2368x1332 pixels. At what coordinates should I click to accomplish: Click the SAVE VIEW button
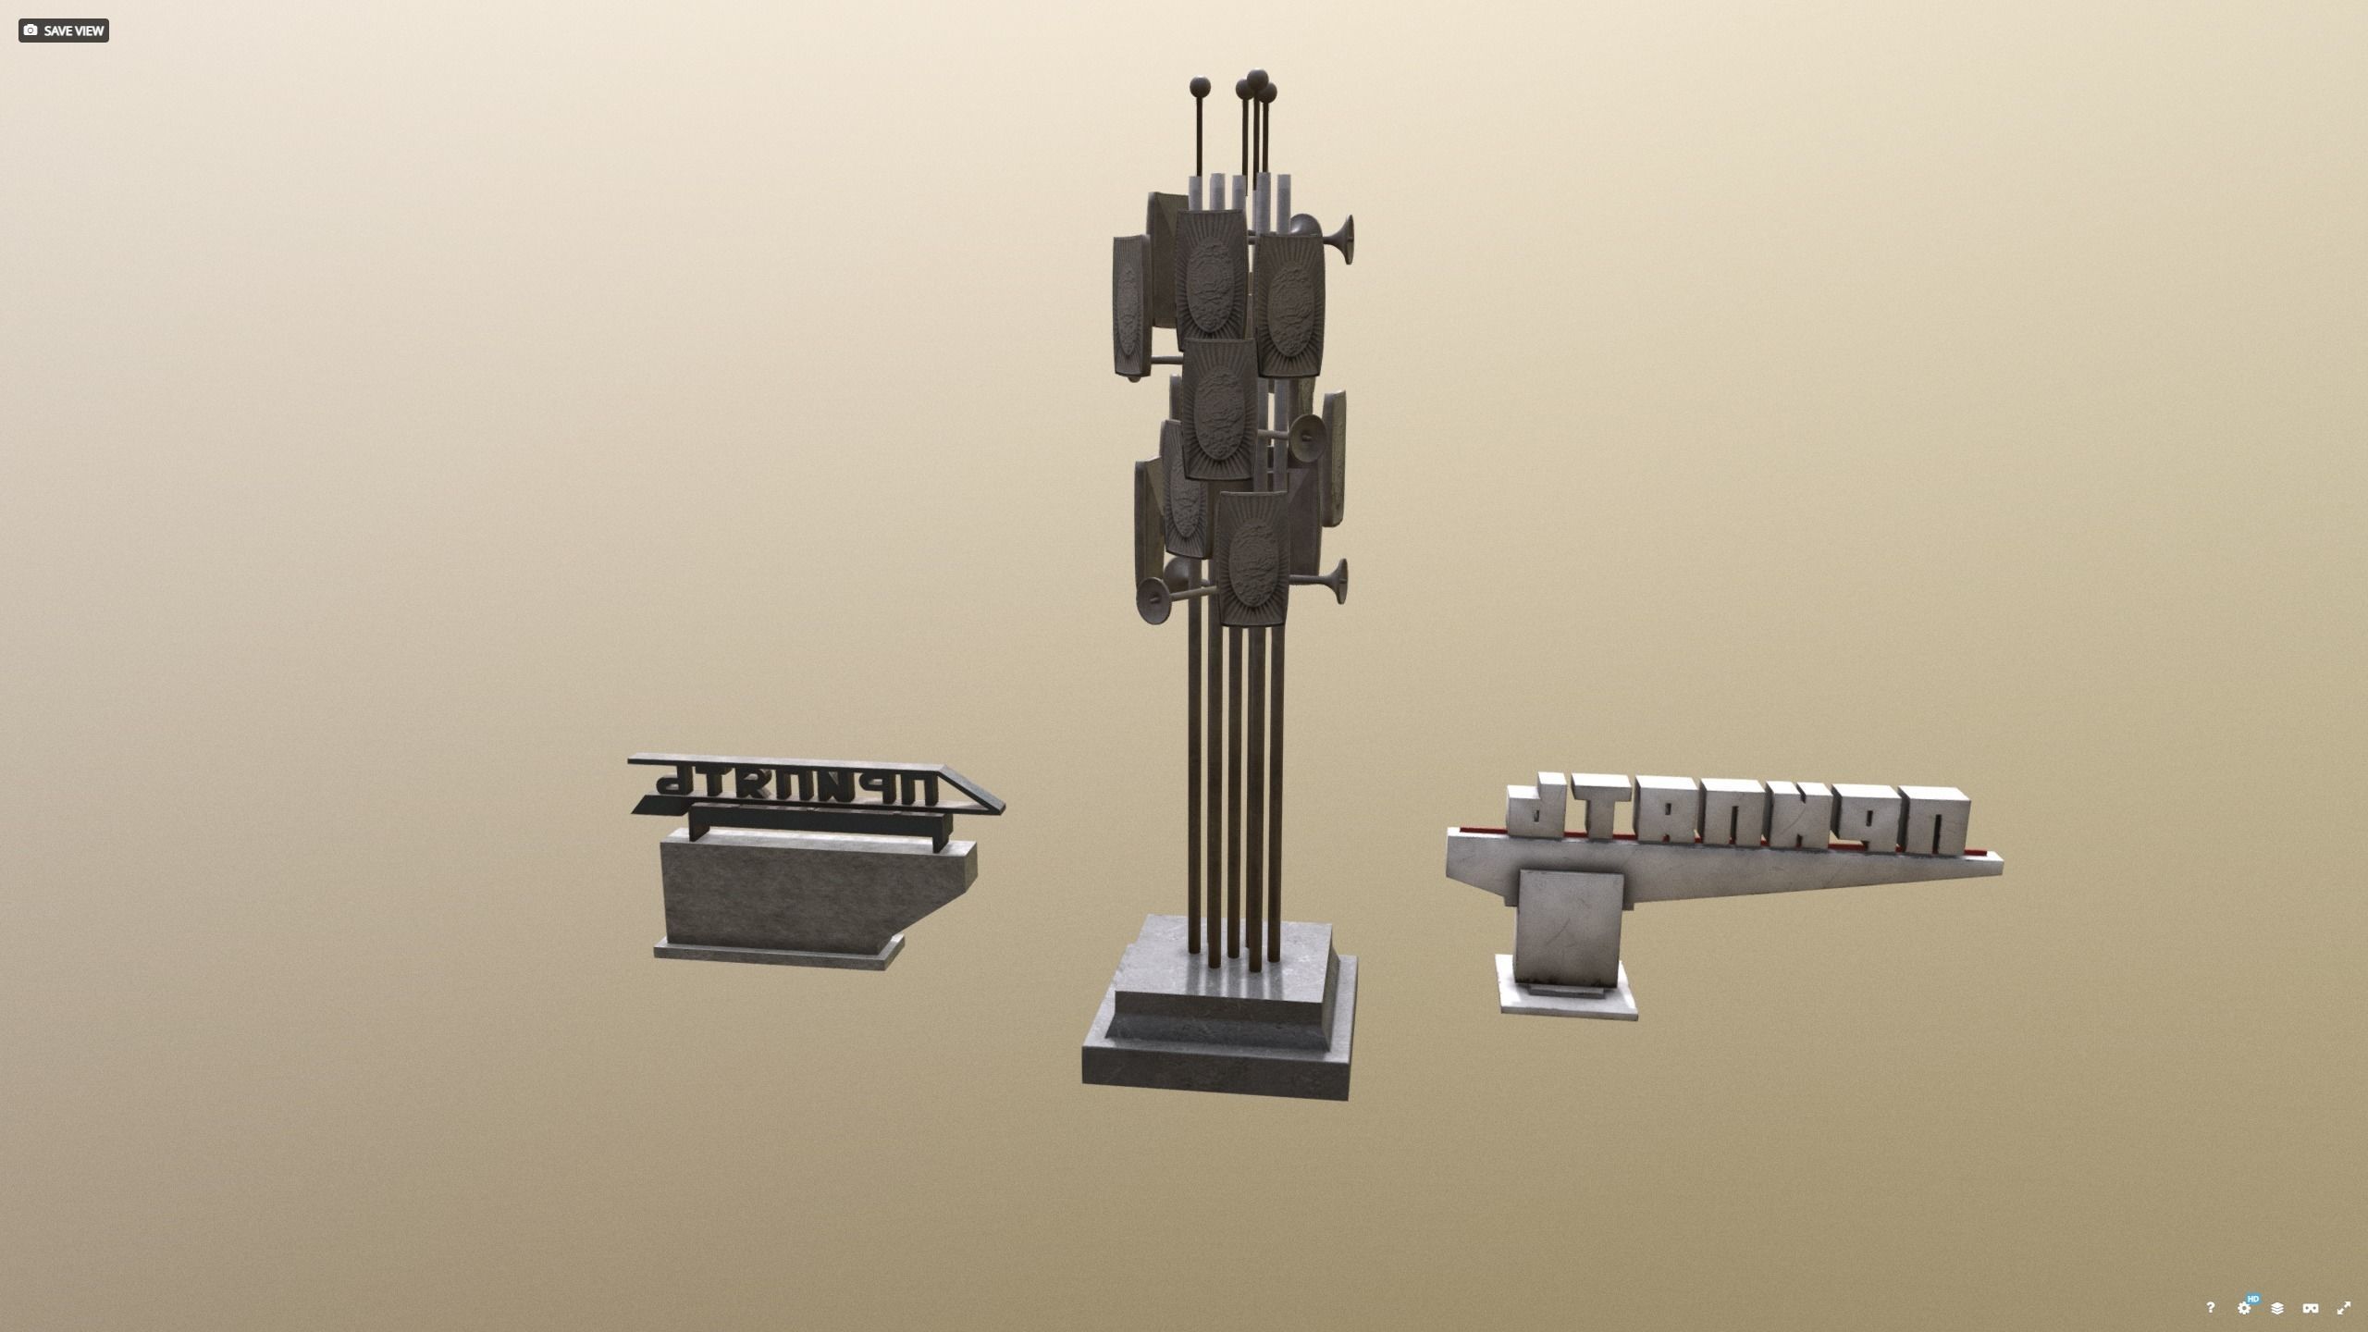pyautogui.click(x=63, y=31)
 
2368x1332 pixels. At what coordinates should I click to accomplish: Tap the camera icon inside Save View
pyautogui.click(x=31, y=31)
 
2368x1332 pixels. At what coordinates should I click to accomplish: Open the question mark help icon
pyautogui.click(x=2210, y=1307)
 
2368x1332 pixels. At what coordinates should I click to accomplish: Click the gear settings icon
pyautogui.click(x=2243, y=1308)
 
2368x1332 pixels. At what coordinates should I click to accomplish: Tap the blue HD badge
pyautogui.click(x=2253, y=1299)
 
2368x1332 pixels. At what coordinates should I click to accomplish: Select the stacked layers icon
pyautogui.click(x=2276, y=1308)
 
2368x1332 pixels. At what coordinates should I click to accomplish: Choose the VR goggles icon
pyautogui.click(x=2310, y=1308)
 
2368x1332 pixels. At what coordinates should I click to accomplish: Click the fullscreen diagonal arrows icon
pyautogui.click(x=2343, y=1308)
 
